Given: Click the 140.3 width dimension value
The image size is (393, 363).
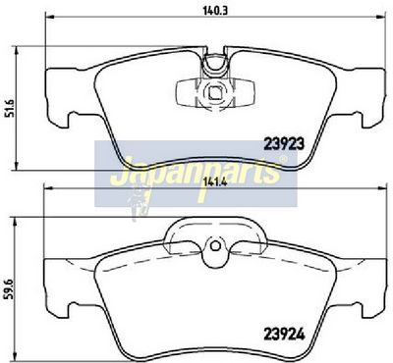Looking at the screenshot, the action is (x=215, y=11).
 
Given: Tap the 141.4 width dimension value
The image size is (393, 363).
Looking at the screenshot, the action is (x=215, y=182).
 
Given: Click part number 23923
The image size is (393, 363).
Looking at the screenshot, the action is (x=284, y=143).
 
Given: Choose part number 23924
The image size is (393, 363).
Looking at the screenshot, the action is (x=284, y=335).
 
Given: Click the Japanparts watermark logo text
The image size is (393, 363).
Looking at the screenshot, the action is (x=195, y=173).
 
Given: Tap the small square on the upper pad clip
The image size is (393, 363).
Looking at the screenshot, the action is (x=215, y=93).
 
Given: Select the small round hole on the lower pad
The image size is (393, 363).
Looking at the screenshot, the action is (x=215, y=246).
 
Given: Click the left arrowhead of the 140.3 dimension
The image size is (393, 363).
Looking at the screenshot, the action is (x=48, y=17).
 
